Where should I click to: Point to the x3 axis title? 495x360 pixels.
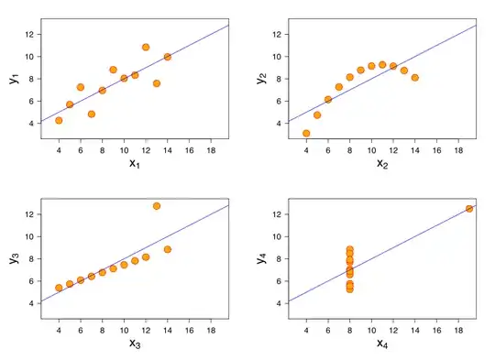136,344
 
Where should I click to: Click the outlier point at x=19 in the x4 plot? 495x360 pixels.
469,209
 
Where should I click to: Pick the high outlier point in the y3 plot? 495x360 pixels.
157,206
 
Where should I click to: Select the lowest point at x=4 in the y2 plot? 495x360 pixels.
306,134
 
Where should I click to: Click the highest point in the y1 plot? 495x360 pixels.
146,47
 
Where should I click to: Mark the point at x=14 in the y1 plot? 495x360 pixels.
168,57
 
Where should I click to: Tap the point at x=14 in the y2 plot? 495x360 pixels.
415,78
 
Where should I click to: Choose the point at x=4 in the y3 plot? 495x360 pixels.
59,288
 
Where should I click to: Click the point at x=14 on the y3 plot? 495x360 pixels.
168,249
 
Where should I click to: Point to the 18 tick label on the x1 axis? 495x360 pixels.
211,148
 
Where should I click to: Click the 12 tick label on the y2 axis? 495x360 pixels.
277,35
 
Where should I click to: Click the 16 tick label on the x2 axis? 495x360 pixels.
437,148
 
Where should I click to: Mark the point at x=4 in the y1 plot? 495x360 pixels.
59,120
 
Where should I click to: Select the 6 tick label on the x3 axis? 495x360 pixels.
81,328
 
